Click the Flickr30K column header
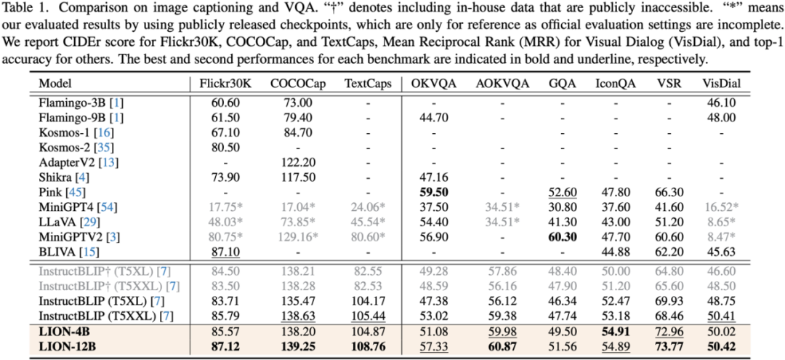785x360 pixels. (225, 83)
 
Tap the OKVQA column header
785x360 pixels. (433, 83)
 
